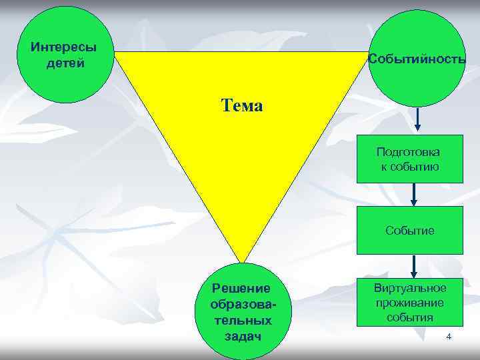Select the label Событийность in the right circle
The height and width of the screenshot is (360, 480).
pos(417,59)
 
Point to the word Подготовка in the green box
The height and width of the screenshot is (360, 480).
pos(409,152)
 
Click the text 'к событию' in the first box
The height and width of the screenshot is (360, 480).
pos(409,166)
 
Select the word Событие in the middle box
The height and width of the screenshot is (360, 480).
pos(409,231)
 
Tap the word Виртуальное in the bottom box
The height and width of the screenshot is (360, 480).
pos(409,287)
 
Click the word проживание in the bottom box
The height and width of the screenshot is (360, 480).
pos(409,303)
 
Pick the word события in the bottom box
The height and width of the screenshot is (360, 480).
pos(409,317)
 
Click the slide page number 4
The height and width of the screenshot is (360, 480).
pos(449,337)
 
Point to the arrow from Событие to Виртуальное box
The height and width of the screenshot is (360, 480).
pos(414,265)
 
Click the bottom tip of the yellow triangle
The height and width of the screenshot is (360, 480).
pos(241,261)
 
